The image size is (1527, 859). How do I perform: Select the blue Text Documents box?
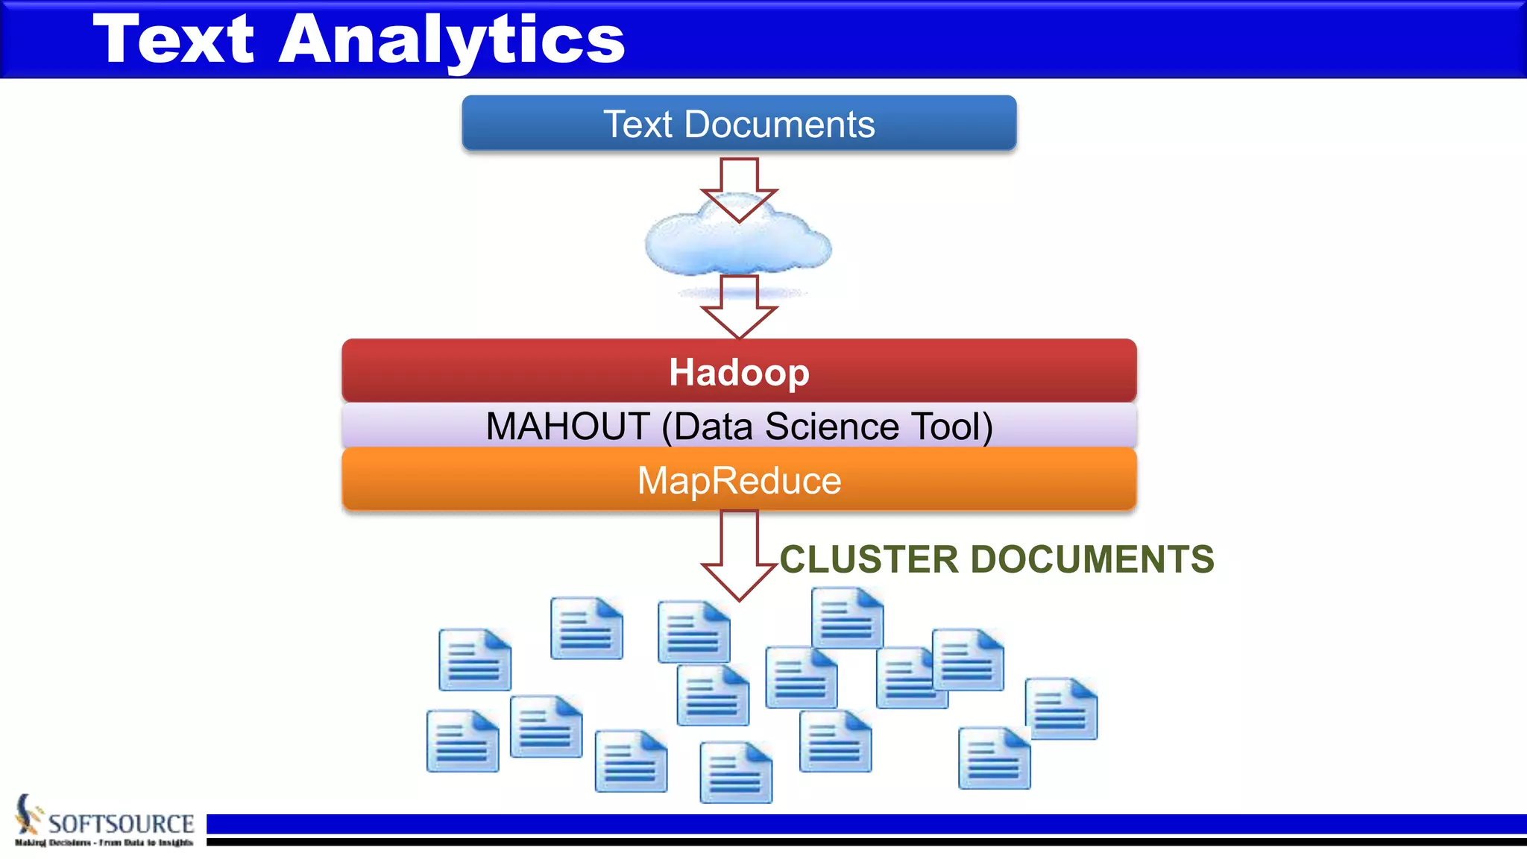point(738,123)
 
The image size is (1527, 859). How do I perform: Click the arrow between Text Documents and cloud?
point(739,186)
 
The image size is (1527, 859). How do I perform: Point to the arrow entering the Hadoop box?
point(739,306)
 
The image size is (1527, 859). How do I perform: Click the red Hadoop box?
point(738,371)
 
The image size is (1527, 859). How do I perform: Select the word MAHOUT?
point(568,427)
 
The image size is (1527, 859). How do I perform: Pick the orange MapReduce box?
point(738,480)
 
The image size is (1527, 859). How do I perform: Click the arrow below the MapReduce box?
point(739,556)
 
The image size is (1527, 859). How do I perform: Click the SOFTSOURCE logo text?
point(121,823)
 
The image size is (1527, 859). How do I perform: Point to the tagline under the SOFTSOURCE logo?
point(104,843)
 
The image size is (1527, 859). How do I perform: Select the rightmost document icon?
point(1061,708)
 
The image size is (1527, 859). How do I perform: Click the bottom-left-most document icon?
point(462,740)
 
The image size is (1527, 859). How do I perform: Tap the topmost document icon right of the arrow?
point(847,617)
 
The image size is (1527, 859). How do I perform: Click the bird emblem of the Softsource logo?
point(28,814)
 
